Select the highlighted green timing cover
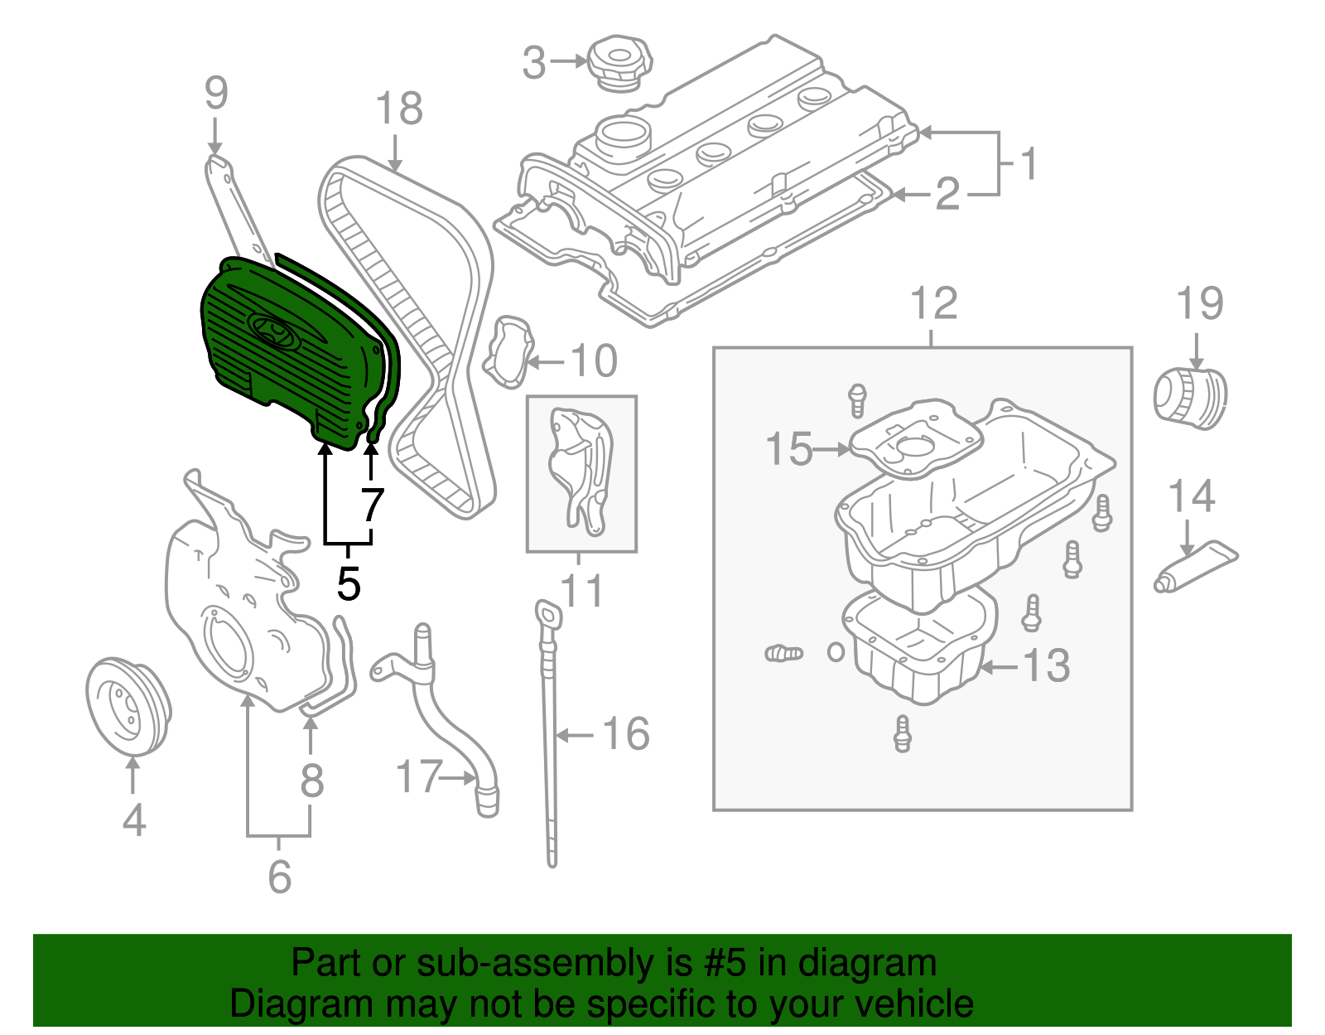pos(282,348)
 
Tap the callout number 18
pos(398,109)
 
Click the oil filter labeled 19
pos(1190,399)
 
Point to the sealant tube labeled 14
pos(1196,567)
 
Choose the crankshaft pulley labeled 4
pos(128,707)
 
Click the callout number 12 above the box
pos(934,304)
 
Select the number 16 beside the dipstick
pos(625,734)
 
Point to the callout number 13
pos(1047,666)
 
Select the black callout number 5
pos(349,584)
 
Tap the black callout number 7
pos(373,504)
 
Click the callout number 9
pos(215,94)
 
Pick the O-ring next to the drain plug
pos(836,651)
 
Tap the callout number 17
pos(418,777)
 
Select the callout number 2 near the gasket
pos(947,195)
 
